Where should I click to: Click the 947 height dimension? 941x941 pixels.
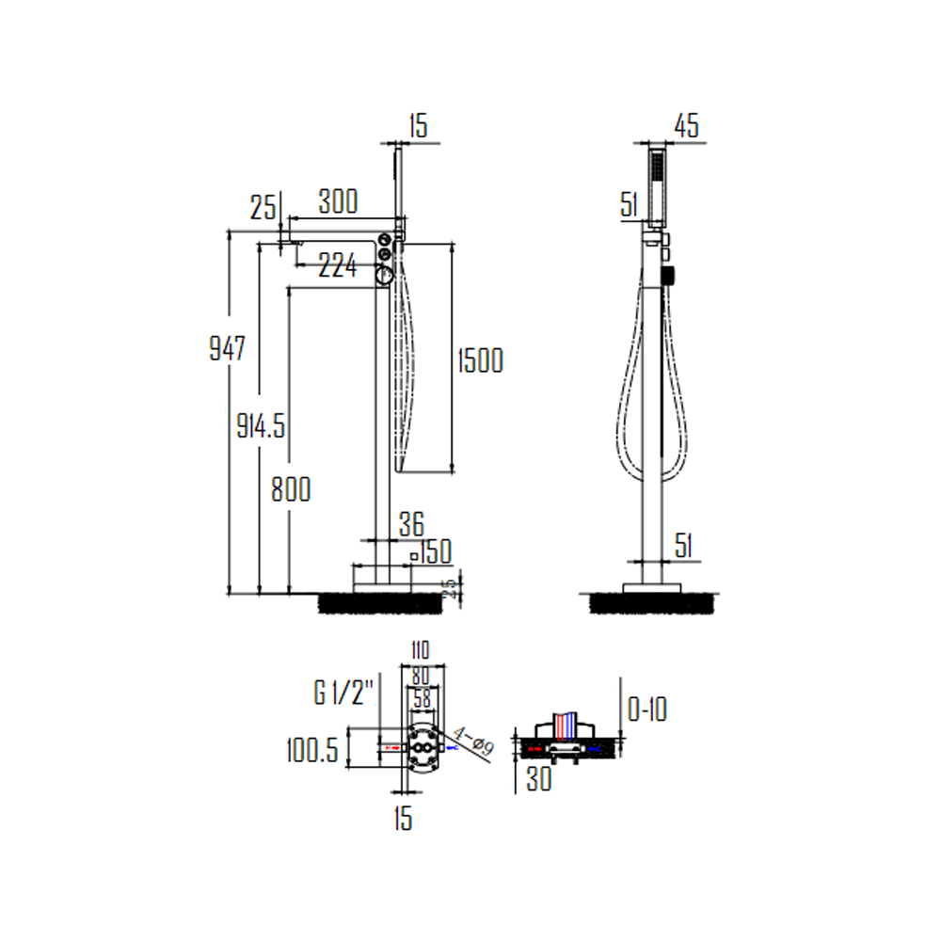tap(227, 350)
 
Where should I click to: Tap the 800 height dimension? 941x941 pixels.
tap(290, 489)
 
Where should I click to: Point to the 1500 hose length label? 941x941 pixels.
tap(480, 360)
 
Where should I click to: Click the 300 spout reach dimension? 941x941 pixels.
tap(338, 201)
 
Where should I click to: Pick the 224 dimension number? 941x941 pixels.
tap(338, 266)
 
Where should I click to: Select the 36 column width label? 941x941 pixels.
tap(411, 523)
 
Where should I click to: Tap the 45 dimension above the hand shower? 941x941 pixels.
tap(687, 127)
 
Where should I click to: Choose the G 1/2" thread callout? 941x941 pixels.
tap(344, 694)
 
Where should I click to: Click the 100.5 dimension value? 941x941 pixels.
tap(311, 750)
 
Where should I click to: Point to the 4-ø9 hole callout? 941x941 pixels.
tap(473, 743)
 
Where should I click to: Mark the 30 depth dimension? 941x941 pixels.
tap(538, 780)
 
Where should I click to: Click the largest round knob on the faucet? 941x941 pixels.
tap(385, 275)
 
